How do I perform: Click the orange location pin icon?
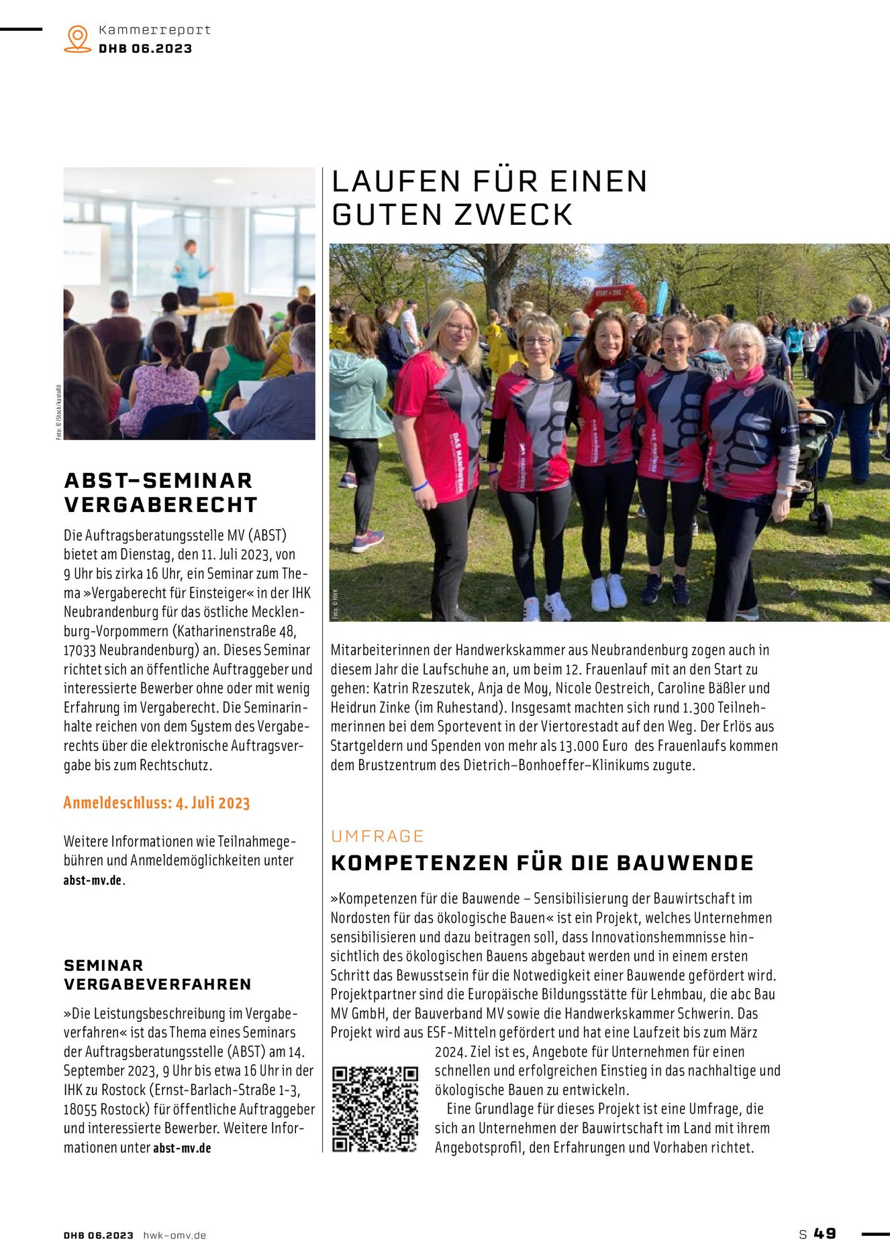click(x=78, y=39)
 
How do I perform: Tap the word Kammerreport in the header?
click(x=154, y=30)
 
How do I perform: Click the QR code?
click(x=375, y=1109)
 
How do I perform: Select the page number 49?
click(x=825, y=1233)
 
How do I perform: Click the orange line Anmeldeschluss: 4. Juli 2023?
click(x=156, y=803)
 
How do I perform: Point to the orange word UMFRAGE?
click(x=377, y=836)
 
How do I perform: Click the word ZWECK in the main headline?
click(x=513, y=215)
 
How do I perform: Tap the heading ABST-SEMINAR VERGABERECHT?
click(x=160, y=492)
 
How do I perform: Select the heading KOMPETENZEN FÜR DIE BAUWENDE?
click(x=542, y=863)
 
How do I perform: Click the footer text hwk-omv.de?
click(x=175, y=1235)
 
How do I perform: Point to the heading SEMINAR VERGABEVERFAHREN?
click(x=157, y=975)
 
